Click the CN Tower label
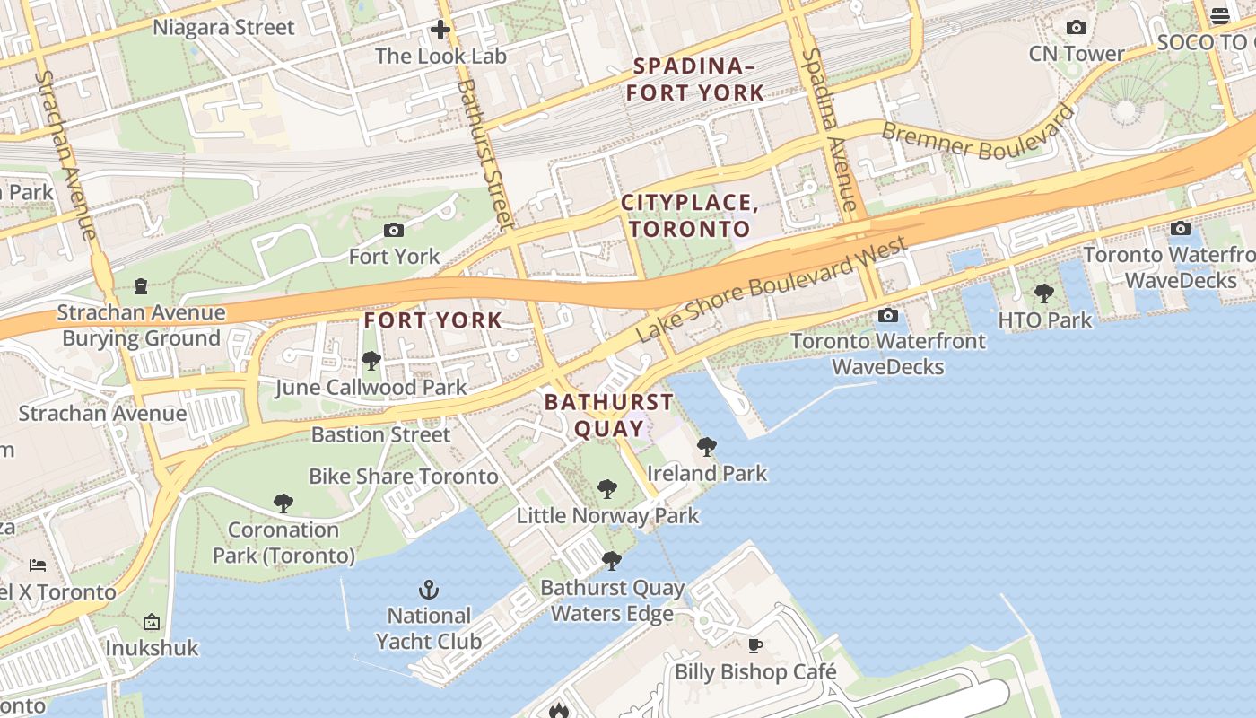pyautogui.click(x=1076, y=54)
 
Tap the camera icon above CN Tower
pyautogui.click(x=1077, y=28)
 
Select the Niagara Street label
pyautogui.click(x=223, y=27)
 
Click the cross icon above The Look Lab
pyautogui.click(x=440, y=30)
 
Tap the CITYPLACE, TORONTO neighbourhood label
pyautogui.click(x=690, y=215)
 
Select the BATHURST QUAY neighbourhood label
pyautogui.click(x=609, y=415)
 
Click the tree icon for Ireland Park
pyautogui.click(x=707, y=446)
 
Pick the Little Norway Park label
pyautogui.click(x=607, y=516)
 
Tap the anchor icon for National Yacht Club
pyautogui.click(x=429, y=590)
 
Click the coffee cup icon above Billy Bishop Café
pyautogui.click(x=755, y=645)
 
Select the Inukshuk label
pyautogui.click(x=152, y=647)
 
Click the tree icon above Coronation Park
pyautogui.click(x=283, y=503)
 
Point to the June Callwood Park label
pyautogui.click(x=371, y=388)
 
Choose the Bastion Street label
pyautogui.click(x=380, y=434)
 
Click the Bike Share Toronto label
pyautogui.click(x=403, y=476)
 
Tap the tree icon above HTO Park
pyautogui.click(x=1044, y=293)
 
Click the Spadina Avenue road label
pyautogui.click(x=831, y=130)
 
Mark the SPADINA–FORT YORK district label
pyautogui.click(x=695, y=79)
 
